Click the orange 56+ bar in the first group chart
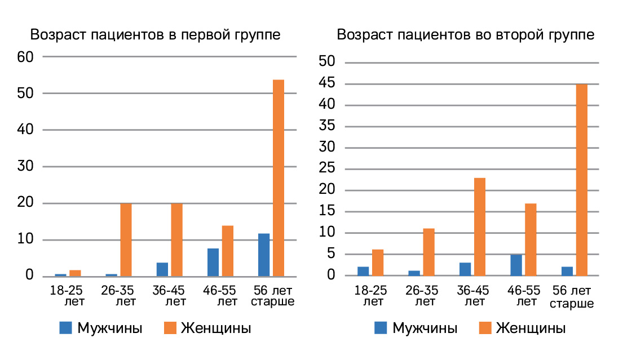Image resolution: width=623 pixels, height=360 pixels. (278, 178)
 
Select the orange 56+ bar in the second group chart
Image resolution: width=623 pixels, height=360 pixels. (581, 180)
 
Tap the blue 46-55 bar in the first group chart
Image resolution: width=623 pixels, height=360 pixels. (213, 263)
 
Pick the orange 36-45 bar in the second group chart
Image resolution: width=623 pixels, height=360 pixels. (480, 226)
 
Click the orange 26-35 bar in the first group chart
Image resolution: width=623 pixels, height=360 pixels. (126, 240)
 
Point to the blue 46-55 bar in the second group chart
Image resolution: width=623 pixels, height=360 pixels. (516, 265)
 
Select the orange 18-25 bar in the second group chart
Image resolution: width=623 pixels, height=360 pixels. (378, 263)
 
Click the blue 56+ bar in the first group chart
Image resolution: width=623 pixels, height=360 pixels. (263, 255)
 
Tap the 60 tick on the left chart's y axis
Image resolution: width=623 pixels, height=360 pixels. (26, 56)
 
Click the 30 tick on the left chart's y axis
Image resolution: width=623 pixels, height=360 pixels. (26, 167)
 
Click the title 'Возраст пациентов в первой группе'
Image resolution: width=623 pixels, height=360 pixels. (155, 34)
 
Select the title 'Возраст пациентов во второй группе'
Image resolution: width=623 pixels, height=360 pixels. (465, 34)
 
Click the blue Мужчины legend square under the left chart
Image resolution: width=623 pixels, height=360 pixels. (66, 328)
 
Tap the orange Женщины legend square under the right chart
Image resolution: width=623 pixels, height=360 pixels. (484, 328)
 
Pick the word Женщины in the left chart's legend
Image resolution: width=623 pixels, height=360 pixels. (216, 328)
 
